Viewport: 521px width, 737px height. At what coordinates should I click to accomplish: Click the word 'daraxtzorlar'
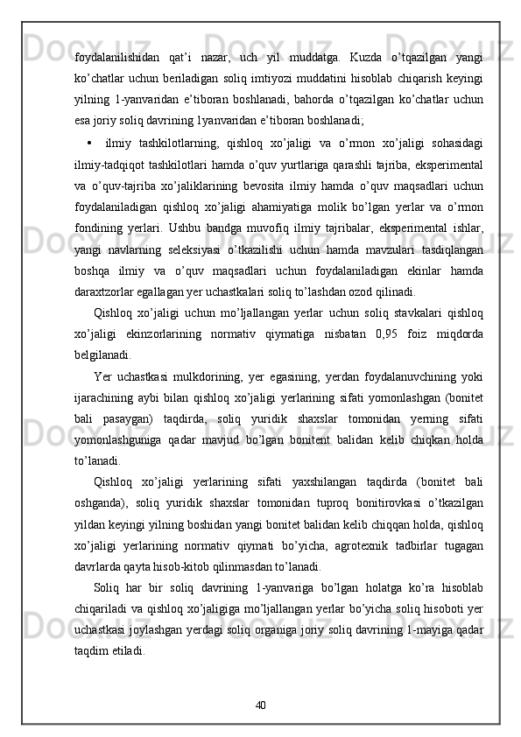click(x=106, y=290)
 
